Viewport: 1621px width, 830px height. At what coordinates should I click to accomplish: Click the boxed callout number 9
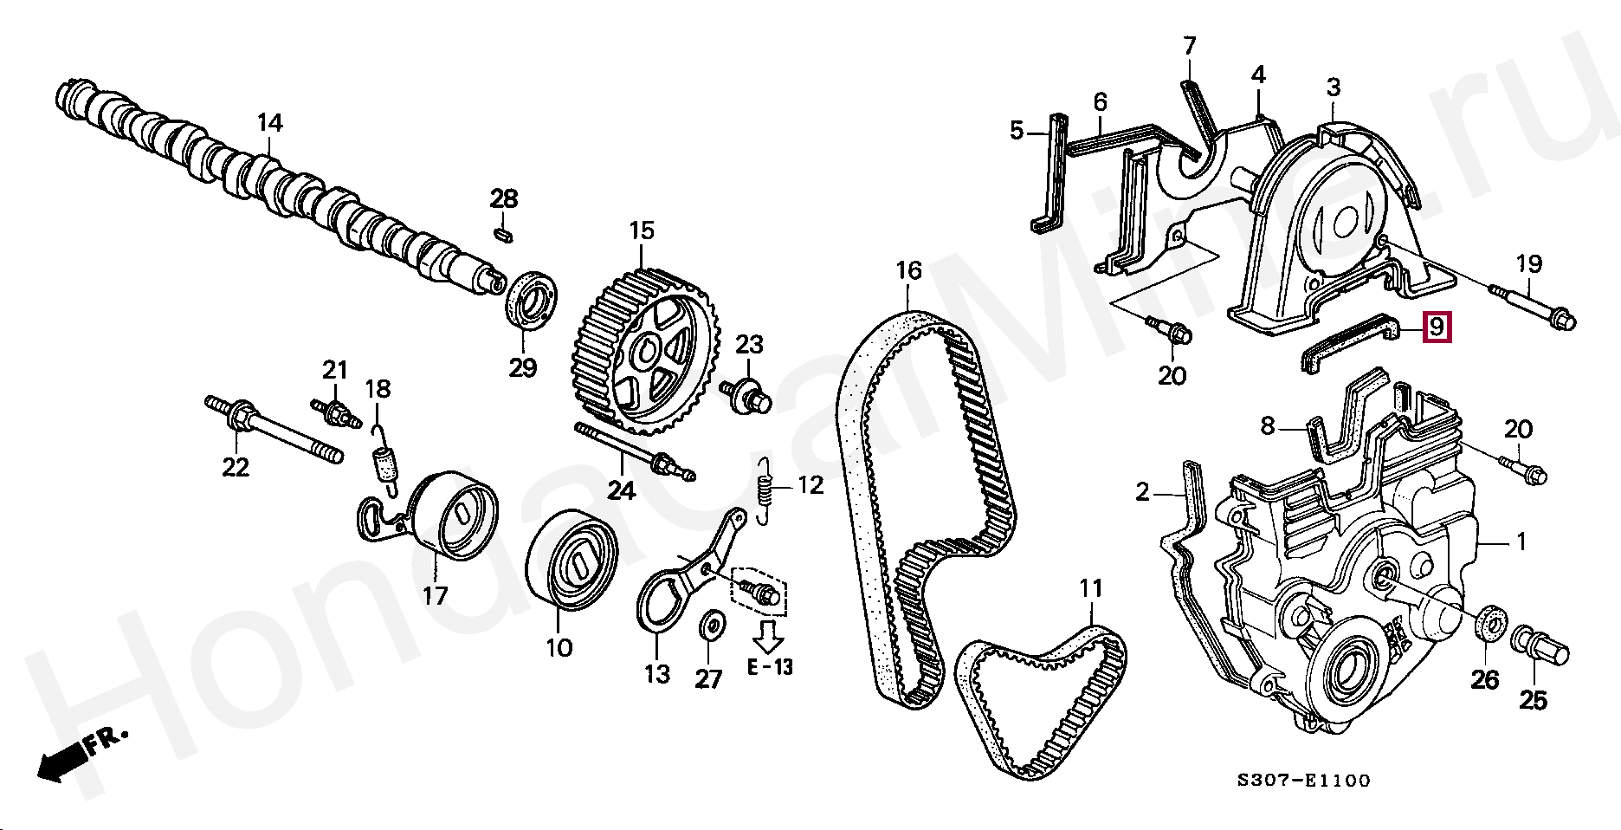pos(1437,327)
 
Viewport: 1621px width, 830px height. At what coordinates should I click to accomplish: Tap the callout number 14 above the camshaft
pos(269,123)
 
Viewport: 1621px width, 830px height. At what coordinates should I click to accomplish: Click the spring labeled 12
pos(764,492)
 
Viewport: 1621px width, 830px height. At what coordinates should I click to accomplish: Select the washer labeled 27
pos(714,624)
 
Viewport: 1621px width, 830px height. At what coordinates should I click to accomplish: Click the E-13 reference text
pos(770,667)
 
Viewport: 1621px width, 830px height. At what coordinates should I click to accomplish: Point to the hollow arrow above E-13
pos(768,637)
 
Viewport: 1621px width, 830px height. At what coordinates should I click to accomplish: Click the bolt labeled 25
pos(1539,647)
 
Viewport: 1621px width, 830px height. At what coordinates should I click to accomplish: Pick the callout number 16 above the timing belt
pos(908,271)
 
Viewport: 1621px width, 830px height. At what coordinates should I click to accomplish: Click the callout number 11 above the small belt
pos(1091,589)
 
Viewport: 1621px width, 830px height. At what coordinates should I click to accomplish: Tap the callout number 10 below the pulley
pos(559,647)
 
